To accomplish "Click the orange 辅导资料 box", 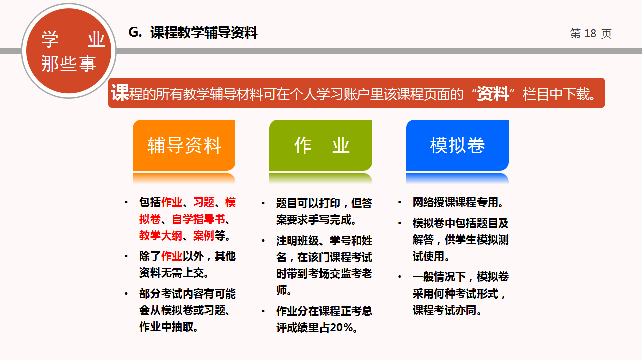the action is pos(184,145).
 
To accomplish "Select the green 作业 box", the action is pos(320,145).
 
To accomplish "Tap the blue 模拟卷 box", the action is pos(457,145).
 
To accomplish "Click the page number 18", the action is pos(590,33).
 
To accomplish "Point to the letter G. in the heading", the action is pos(135,32).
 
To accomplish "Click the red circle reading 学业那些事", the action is pos(69,51).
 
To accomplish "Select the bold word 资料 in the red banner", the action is pos(493,93).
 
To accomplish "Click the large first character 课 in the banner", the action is pos(120,93).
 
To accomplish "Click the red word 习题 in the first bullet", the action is pos(204,202).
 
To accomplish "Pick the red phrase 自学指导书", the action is pos(198,219).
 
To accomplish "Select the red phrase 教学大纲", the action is pos(160,236).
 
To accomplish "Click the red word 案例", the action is pos(204,236).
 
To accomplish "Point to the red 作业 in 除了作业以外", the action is pos(172,256).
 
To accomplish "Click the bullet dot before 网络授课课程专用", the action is pos(400,202).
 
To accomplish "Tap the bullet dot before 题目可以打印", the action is pos(263,203).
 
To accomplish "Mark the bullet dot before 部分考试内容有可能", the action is pos(126,294).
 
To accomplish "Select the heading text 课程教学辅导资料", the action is pos(204,32).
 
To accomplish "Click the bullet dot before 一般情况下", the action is pos(400,277).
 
